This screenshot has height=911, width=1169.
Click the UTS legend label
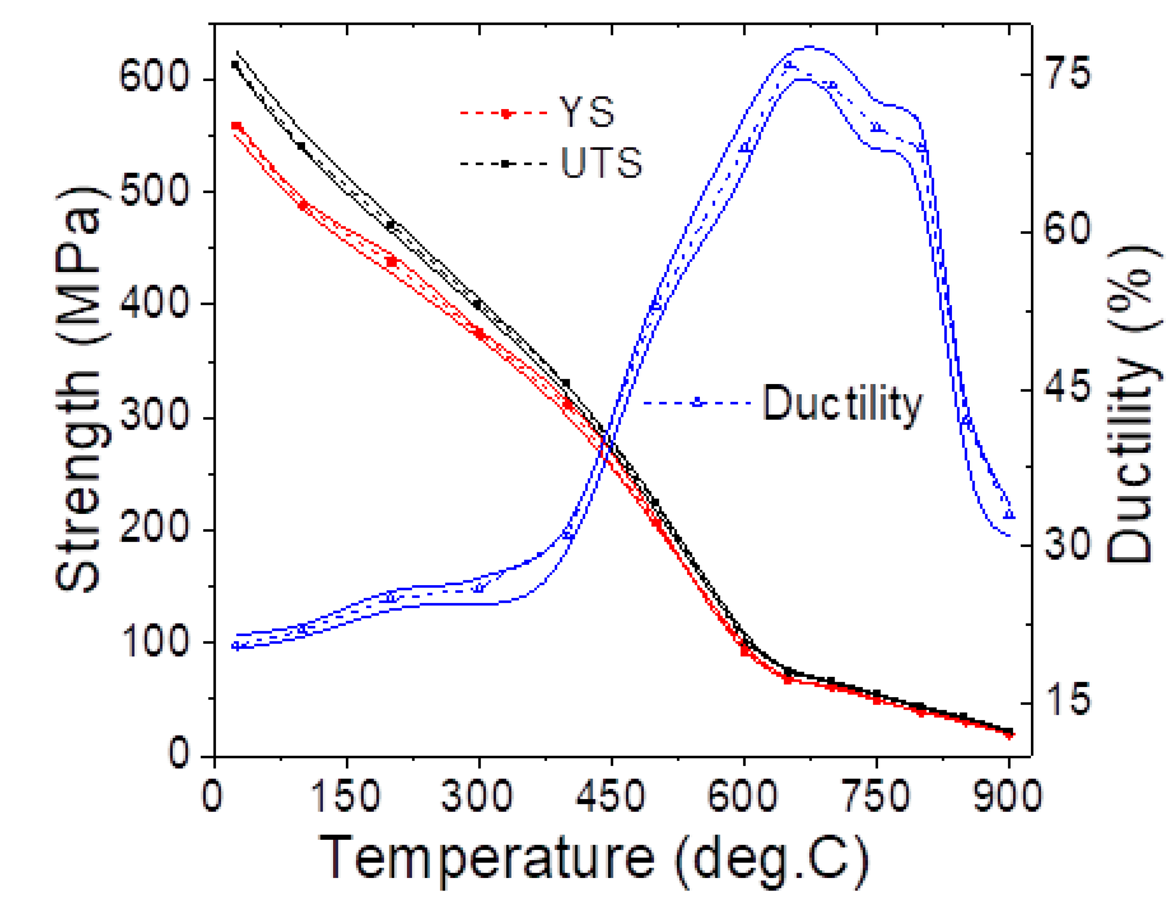pos(602,163)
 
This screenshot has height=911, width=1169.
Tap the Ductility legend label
pos(842,404)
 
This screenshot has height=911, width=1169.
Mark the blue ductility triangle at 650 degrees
pos(788,65)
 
